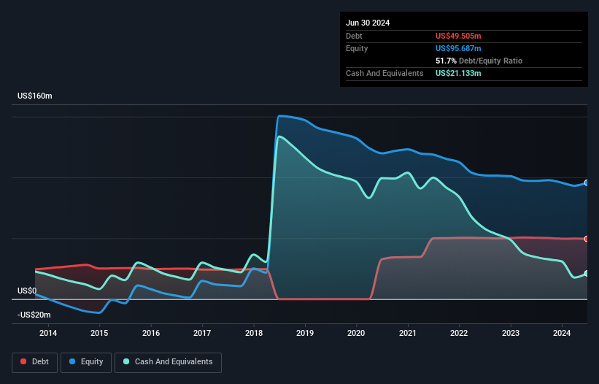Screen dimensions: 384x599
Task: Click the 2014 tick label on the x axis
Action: click(x=48, y=334)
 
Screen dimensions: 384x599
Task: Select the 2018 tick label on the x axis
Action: click(x=254, y=334)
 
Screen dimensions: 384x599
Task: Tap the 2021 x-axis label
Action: click(x=408, y=334)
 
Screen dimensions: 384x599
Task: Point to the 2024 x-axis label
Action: click(x=562, y=334)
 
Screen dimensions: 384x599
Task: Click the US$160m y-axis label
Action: click(x=35, y=96)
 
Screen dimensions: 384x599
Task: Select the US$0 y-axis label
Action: click(x=27, y=291)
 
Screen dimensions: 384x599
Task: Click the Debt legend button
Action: click(x=34, y=361)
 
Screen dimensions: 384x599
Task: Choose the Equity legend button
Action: click(x=86, y=361)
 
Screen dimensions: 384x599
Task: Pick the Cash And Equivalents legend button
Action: click(x=168, y=361)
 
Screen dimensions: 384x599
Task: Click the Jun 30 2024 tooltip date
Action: click(x=368, y=23)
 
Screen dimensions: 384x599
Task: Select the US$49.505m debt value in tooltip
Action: click(x=458, y=36)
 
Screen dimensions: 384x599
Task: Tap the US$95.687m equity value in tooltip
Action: click(x=458, y=48)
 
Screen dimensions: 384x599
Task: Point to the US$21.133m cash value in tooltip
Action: click(x=458, y=73)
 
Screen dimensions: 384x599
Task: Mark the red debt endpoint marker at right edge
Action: click(x=586, y=239)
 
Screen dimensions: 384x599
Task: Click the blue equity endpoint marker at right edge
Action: click(x=586, y=183)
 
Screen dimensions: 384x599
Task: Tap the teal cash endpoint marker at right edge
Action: click(x=586, y=273)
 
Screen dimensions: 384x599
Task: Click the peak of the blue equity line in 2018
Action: click(x=279, y=116)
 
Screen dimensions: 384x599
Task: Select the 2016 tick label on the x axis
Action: click(x=151, y=334)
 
